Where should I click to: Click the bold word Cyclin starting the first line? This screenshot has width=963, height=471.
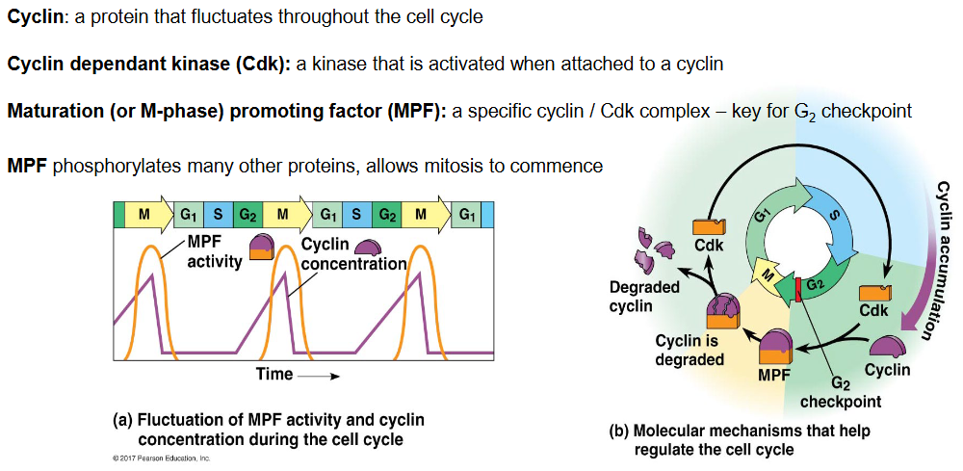click(36, 16)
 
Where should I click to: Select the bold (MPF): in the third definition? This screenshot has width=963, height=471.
click(420, 111)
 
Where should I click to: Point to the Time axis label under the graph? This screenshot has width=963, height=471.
click(274, 374)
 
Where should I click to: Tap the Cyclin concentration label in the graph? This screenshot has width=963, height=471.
click(353, 255)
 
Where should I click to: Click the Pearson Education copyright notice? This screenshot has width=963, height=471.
click(162, 458)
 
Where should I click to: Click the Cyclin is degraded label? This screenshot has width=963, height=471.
click(688, 350)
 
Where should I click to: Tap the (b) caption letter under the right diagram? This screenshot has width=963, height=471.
click(618, 432)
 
